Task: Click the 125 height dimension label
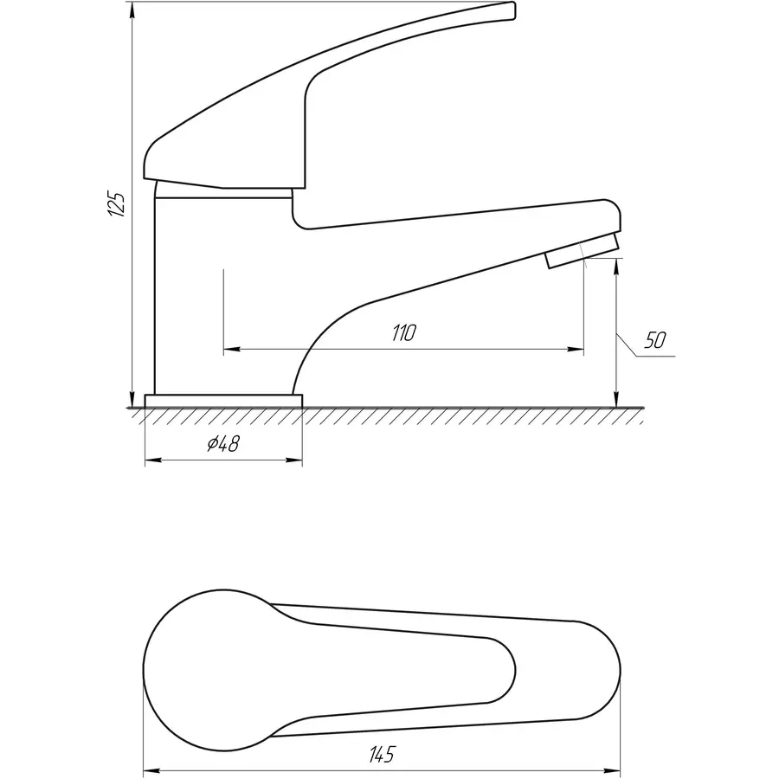point(117,203)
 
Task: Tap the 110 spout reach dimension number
point(403,333)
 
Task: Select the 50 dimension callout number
point(655,340)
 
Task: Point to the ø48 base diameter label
point(223,443)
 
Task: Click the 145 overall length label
point(382,754)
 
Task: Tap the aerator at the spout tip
point(583,250)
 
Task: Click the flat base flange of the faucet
point(223,401)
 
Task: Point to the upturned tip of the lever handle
point(512,11)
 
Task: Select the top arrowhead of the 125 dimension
point(132,10)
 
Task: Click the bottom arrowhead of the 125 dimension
point(132,399)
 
